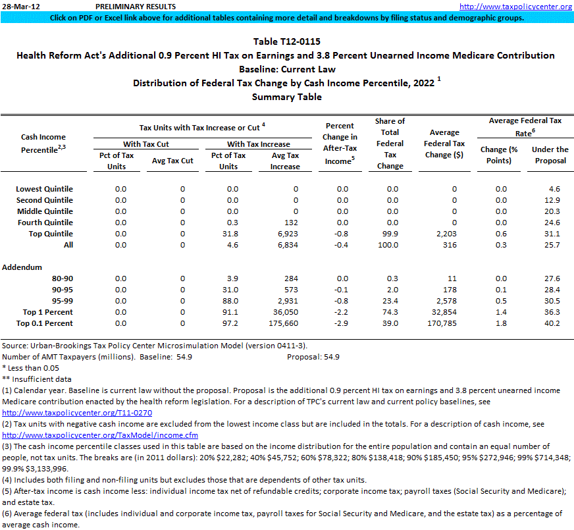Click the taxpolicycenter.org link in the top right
pyautogui.click(x=515, y=6)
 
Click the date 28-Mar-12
pyautogui.click(x=20, y=6)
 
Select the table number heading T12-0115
pyautogui.click(x=286, y=41)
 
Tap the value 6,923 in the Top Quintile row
pyautogui.click(x=285, y=234)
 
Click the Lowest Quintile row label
pyautogui.click(x=44, y=189)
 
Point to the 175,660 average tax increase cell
pyautogui.click(x=280, y=323)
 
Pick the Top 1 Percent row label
pyautogui.click(x=47, y=312)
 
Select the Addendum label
pyautogui.click(x=22, y=267)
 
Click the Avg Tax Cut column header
pyautogui.click(x=159, y=161)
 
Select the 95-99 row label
pyautogui.click(x=60, y=301)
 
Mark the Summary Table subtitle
pyautogui.click(x=286, y=97)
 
